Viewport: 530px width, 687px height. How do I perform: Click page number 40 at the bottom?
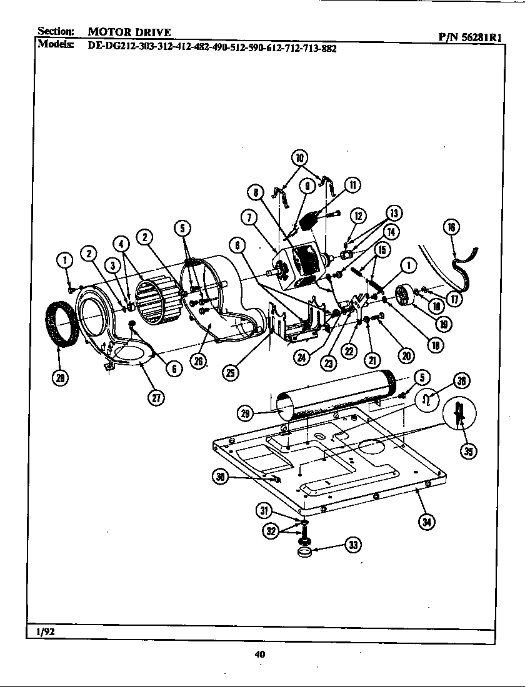pos(260,654)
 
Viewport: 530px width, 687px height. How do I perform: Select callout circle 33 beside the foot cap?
pos(353,545)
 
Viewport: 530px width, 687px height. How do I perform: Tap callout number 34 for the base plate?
pos(427,522)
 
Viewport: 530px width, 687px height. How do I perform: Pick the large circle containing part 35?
pos(461,414)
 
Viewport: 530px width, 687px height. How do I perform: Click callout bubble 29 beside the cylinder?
pos(246,412)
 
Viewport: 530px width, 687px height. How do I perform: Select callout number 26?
pos(199,362)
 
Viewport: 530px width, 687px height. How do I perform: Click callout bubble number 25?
pos(231,372)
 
